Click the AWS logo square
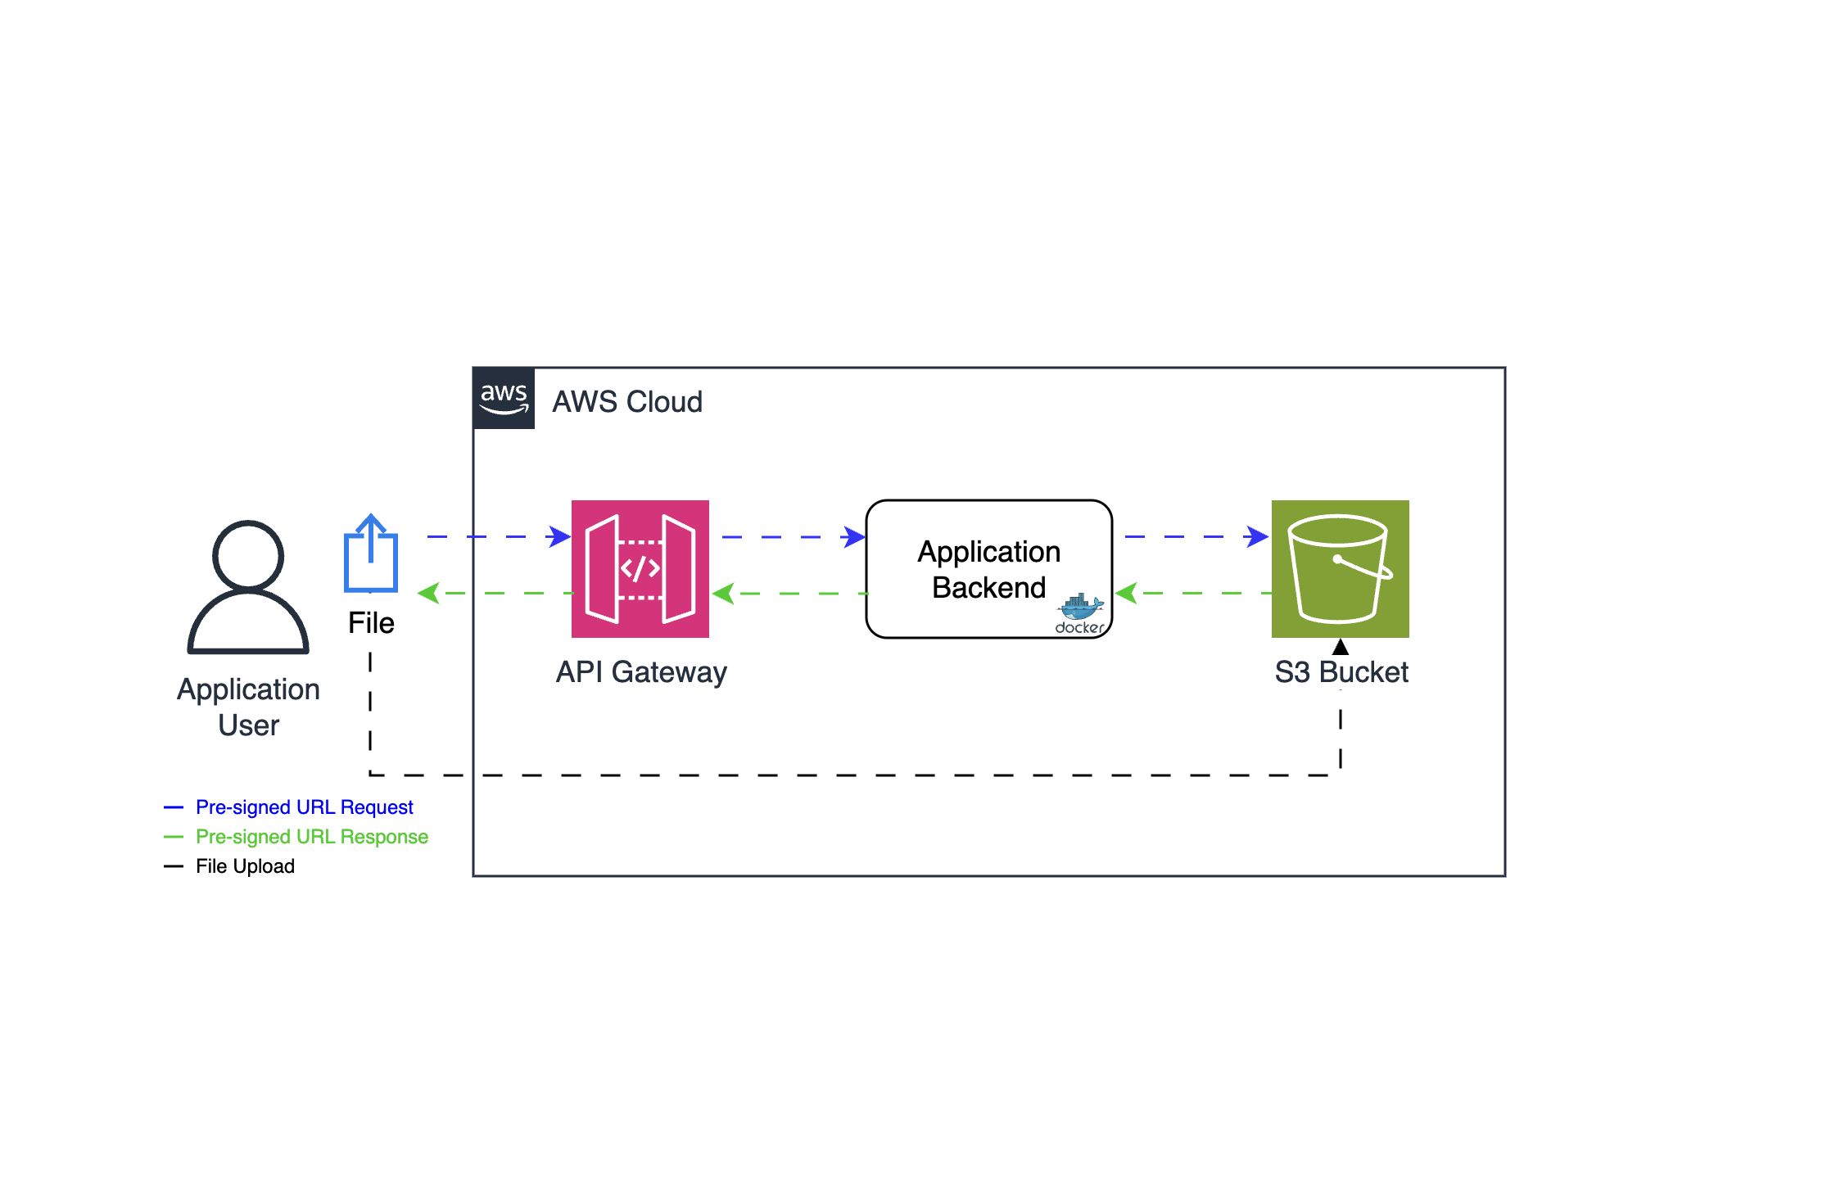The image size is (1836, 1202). point(504,398)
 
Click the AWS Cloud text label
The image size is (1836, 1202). point(626,402)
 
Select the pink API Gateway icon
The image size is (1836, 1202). point(640,568)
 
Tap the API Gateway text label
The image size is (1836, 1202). point(641,672)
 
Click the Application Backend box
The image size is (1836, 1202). point(988,568)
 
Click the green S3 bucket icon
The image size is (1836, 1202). point(1340,568)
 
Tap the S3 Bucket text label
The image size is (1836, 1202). point(1341,672)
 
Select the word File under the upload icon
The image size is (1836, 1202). point(371,623)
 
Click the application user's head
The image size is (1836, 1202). point(248,555)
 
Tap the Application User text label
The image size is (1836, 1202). point(248,707)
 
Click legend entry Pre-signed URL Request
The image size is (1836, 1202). point(304,807)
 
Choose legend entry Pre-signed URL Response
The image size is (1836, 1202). point(311,837)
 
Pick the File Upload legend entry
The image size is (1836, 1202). point(245,866)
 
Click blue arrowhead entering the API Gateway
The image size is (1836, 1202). point(560,537)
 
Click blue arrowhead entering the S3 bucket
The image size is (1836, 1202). point(1257,537)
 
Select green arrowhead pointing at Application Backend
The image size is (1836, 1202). point(1126,593)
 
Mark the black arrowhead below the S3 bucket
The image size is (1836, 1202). point(1340,647)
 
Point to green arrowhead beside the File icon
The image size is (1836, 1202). point(428,593)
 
